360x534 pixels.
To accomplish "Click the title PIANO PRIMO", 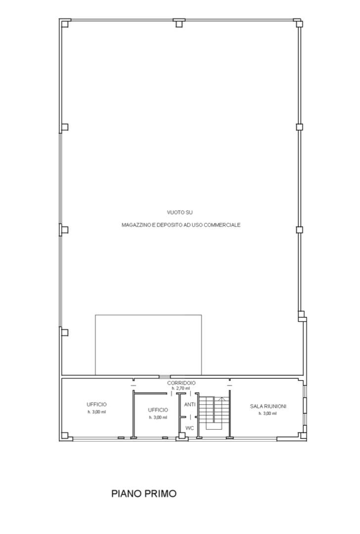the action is pyautogui.click(x=144, y=493).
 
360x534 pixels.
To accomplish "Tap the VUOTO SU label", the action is pyautogui.click(x=180, y=213).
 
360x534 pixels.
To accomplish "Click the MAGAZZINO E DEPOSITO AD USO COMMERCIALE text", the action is pyautogui.click(x=181, y=225).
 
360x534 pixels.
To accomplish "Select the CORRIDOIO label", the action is pyautogui.click(x=181, y=383).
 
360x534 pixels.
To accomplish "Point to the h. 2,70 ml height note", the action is pyautogui.click(x=180, y=388).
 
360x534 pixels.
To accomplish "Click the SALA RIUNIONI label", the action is pyautogui.click(x=268, y=406).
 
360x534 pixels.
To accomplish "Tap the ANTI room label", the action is pyautogui.click(x=190, y=404).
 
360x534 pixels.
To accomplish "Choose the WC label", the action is pyautogui.click(x=190, y=428).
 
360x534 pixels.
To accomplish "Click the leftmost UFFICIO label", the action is pyautogui.click(x=97, y=404).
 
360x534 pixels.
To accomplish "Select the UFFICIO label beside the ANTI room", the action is pyautogui.click(x=158, y=410).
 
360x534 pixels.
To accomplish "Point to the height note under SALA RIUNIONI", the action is pyautogui.click(x=268, y=413).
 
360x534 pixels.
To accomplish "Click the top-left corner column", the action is pyautogui.click(x=65, y=24).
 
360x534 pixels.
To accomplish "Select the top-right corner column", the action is pyautogui.click(x=298, y=23).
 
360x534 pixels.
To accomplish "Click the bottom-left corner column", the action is pyautogui.click(x=65, y=436).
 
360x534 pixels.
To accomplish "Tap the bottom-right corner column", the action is pyautogui.click(x=302, y=436).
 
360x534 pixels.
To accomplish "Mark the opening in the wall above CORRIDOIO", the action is pyautogui.click(x=165, y=377).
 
